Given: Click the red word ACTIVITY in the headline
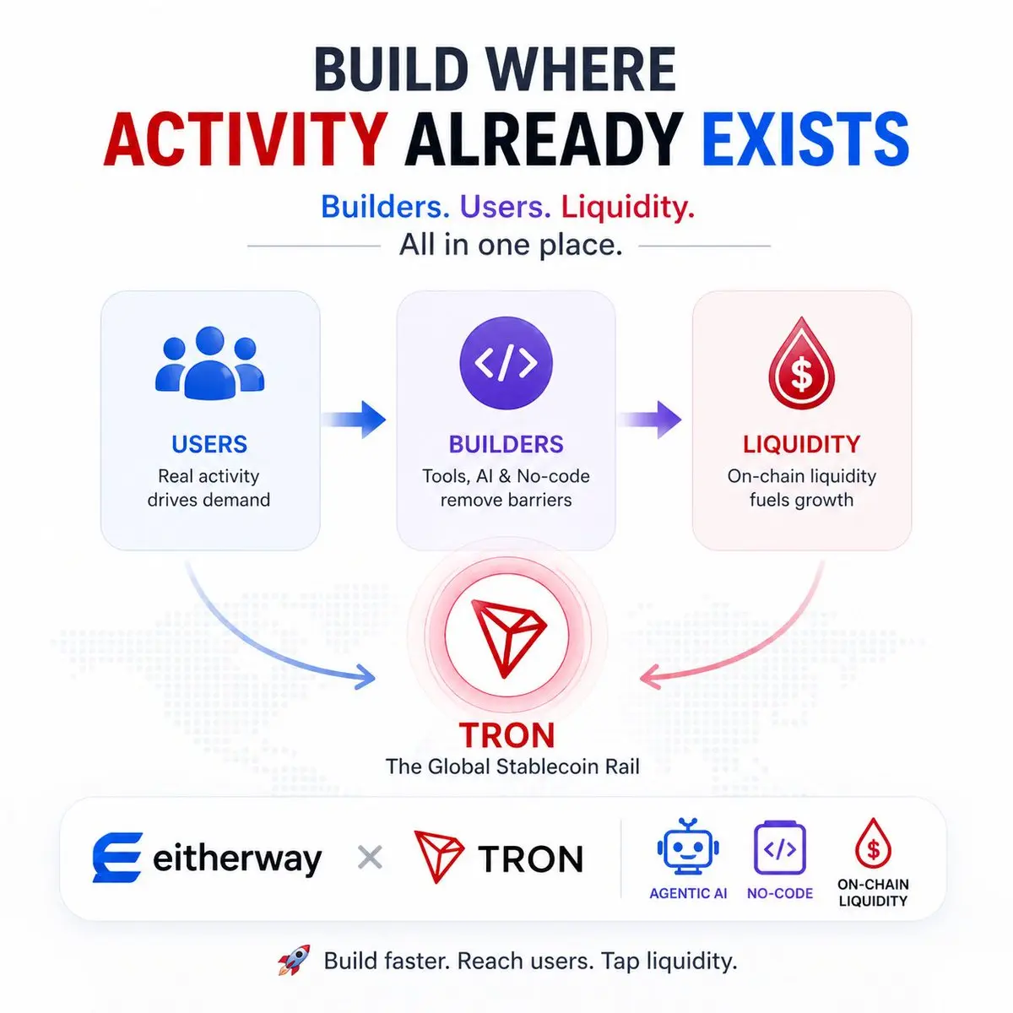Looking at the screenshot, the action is tap(246, 139).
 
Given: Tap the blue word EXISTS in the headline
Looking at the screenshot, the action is tap(804, 139).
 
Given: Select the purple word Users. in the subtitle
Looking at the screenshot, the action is tap(505, 207).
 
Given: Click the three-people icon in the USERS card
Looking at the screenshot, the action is tap(209, 363).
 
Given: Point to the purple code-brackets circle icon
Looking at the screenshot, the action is tap(506, 363).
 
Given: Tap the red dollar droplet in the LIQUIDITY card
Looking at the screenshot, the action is tap(802, 363).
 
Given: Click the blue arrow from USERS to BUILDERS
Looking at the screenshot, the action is tap(353, 419).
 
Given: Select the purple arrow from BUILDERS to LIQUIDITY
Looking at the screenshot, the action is tap(649, 419).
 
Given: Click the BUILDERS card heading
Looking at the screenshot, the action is tap(506, 445).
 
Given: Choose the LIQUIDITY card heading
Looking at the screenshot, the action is tap(802, 445).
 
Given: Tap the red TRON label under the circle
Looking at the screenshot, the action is tap(506, 735).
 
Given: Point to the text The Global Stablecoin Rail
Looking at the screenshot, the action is tap(512, 767).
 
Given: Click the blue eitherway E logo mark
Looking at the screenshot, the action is tap(117, 858).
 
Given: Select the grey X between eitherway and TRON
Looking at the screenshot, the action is tap(370, 858).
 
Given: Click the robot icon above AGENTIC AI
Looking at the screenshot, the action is tap(688, 846).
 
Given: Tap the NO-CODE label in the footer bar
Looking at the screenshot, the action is tap(780, 894).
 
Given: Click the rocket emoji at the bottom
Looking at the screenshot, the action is tap(293, 960).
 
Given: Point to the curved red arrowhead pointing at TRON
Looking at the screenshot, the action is tap(652, 677).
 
